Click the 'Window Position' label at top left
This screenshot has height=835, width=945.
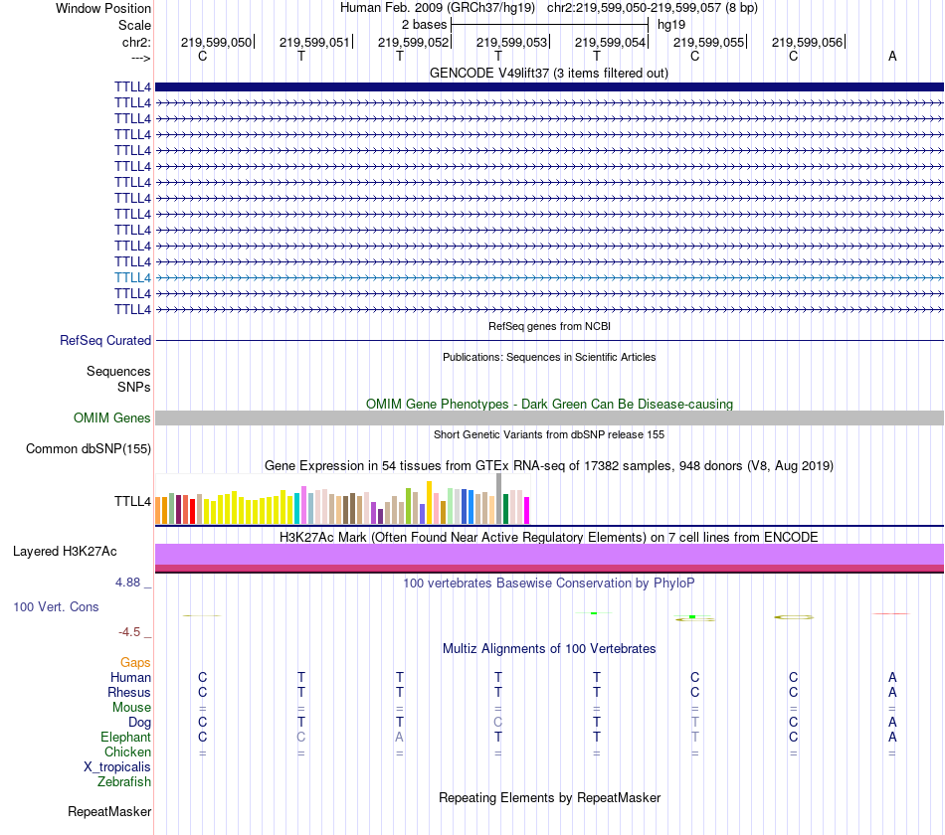point(103,8)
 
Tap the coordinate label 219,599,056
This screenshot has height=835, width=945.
point(807,43)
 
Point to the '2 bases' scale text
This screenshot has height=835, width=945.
point(425,24)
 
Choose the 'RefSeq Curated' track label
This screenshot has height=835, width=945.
point(105,340)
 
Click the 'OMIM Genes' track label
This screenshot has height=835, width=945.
point(112,418)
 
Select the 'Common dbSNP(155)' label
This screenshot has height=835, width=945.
point(89,449)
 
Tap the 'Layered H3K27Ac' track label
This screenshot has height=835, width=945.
point(65,551)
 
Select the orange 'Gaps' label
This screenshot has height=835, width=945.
point(135,662)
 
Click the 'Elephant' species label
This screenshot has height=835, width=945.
point(125,738)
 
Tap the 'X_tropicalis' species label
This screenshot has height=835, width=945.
point(117,767)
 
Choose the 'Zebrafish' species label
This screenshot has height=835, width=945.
point(124,782)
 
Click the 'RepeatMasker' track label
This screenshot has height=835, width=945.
point(109,812)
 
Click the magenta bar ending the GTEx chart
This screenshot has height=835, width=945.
point(526,510)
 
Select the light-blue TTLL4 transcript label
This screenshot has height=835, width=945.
point(132,277)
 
